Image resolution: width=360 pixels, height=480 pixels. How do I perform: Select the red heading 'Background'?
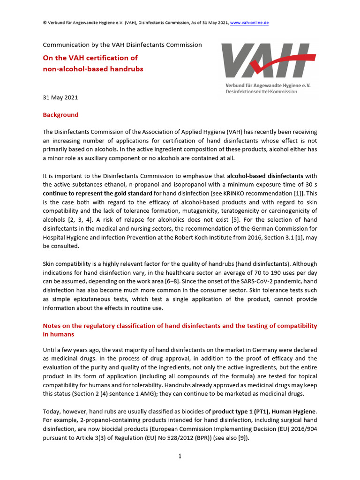coord(60,115)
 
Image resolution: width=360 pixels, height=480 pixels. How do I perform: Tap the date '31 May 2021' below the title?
coord(60,97)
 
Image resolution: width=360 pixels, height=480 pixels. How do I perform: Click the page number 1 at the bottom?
coord(180,456)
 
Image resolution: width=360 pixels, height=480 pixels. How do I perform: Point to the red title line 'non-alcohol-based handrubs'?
coord(93,69)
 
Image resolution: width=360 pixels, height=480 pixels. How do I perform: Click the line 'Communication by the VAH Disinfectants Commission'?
coord(122,45)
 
